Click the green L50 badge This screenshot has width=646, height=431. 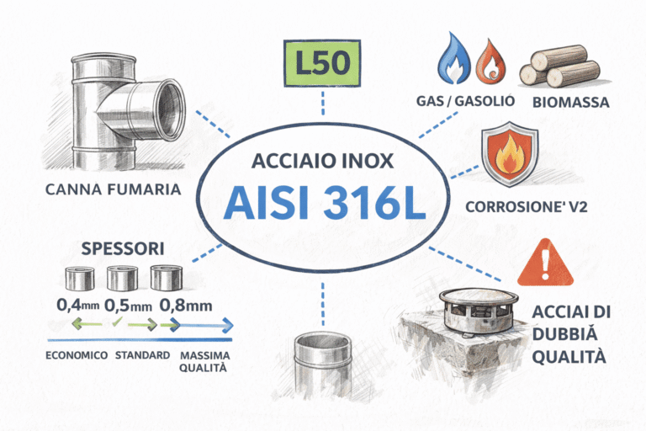click(322, 63)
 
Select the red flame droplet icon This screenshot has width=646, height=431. click(491, 61)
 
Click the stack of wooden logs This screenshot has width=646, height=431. click(560, 66)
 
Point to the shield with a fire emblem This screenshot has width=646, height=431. click(510, 153)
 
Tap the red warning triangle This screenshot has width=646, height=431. click(545, 263)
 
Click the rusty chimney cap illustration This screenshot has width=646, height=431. click(479, 311)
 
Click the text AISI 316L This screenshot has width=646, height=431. click(324, 203)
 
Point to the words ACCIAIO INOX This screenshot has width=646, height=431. click(323, 161)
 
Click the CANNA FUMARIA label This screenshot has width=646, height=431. click(114, 189)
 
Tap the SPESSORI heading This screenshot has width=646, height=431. click(123, 248)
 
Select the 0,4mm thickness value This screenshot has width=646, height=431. click(78, 306)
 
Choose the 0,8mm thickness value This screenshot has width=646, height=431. click(186, 306)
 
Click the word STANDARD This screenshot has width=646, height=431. click(142, 355)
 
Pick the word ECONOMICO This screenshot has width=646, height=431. click(77, 355)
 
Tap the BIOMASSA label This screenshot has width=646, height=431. click(571, 103)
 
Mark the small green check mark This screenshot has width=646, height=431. click(117, 322)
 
